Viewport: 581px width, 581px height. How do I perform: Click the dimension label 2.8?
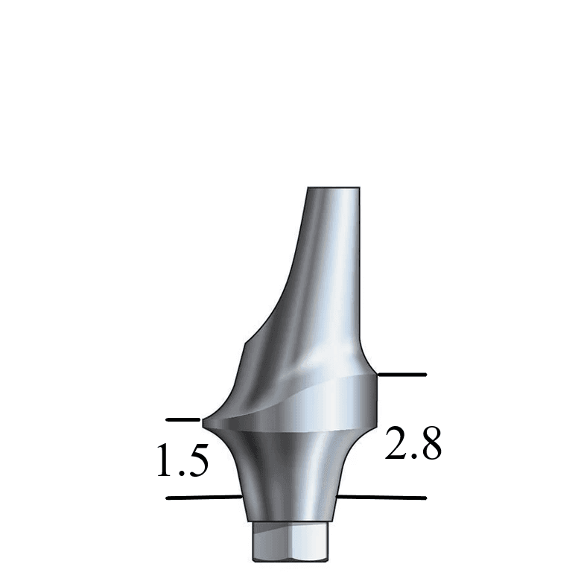click(413, 444)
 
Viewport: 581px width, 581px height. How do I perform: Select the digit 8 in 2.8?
click(430, 444)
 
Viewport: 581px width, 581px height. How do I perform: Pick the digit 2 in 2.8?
click(396, 444)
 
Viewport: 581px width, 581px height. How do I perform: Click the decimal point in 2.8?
click(413, 457)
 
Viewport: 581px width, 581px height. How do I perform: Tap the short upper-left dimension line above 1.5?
click(183, 420)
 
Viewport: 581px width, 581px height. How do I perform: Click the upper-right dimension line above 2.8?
click(402, 374)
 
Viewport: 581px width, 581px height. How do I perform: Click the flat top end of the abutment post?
click(334, 187)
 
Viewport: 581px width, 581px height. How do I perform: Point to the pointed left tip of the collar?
click(206, 424)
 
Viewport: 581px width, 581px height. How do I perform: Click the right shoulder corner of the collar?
click(376, 376)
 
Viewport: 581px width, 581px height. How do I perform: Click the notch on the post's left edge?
click(247, 342)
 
